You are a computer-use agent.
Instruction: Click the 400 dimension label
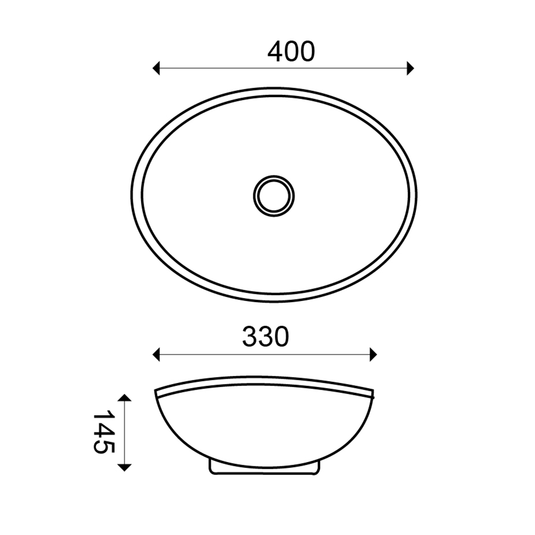[291, 52]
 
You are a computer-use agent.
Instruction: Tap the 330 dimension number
[266, 336]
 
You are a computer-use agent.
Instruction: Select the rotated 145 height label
[103, 432]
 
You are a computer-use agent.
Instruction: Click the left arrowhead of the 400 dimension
[156, 68]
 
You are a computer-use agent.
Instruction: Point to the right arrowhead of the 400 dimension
[411, 68]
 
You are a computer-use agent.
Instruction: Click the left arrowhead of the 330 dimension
[156, 355]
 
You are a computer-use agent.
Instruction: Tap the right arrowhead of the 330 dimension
[373, 355]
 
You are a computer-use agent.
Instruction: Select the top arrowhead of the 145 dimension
[124, 398]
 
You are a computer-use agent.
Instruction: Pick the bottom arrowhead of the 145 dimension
[124, 468]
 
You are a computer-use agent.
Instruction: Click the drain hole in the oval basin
[274, 196]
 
